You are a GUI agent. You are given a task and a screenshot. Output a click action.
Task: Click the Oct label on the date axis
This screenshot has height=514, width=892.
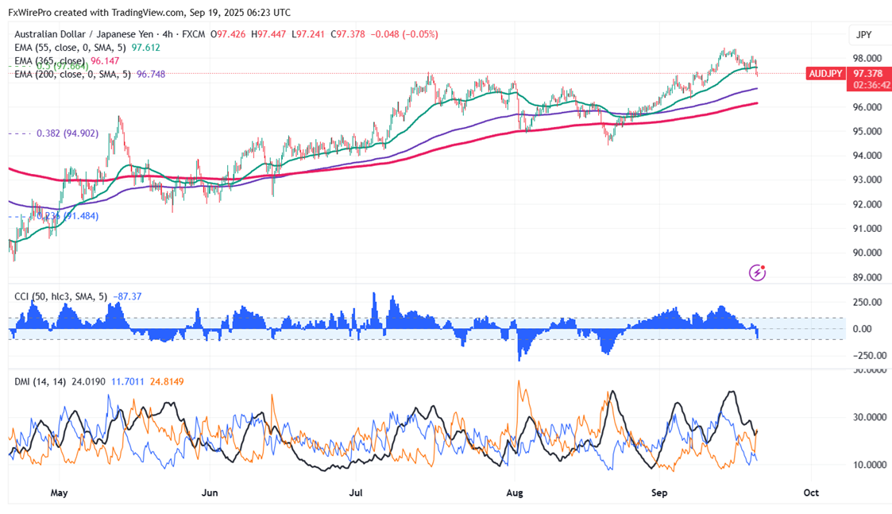(811, 493)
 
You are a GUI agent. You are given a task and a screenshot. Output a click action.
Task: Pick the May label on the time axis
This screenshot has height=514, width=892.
(59, 493)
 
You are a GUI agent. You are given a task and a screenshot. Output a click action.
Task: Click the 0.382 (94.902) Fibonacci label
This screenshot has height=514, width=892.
(68, 133)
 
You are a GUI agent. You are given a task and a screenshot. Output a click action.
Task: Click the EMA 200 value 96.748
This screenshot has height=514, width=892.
(151, 73)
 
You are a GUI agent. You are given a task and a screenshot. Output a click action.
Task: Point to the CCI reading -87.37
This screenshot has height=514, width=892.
(127, 296)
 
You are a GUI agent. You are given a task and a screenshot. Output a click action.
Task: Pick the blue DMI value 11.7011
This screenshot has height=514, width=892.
(128, 381)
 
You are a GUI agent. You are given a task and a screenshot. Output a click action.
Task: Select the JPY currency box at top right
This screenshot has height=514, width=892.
(863, 35)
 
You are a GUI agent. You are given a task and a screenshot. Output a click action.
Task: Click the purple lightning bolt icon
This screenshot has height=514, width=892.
(758, 272)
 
